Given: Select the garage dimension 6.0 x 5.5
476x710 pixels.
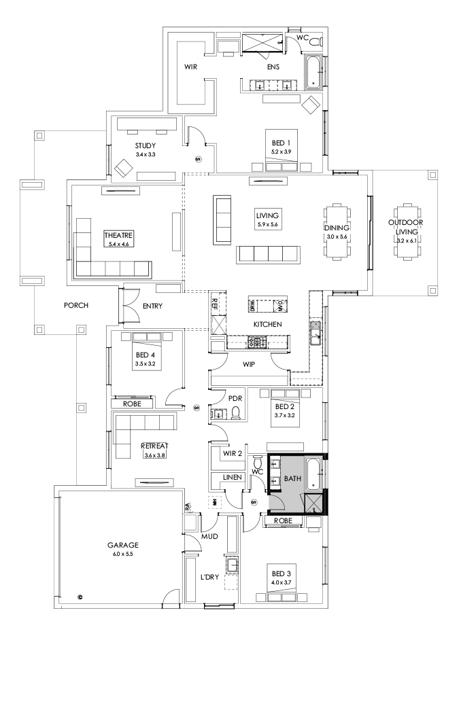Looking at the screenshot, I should pos(122,554).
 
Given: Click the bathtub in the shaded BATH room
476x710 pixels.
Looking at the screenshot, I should pos(313,474).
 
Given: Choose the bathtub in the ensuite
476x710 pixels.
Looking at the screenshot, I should pos(313,73).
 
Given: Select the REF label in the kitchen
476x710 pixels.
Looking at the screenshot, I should pos(215,303).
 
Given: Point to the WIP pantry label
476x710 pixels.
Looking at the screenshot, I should pos(249,364).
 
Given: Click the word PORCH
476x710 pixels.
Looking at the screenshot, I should pos(76,305).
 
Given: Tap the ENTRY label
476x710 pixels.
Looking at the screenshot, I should pos(153,306).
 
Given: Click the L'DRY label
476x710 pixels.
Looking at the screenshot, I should pos(209,577).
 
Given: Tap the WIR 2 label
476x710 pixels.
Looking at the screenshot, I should pos(233,452).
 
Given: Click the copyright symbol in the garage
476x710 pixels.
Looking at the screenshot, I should pos(80,598).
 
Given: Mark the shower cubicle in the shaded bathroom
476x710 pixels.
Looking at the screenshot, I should pos(313,503).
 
